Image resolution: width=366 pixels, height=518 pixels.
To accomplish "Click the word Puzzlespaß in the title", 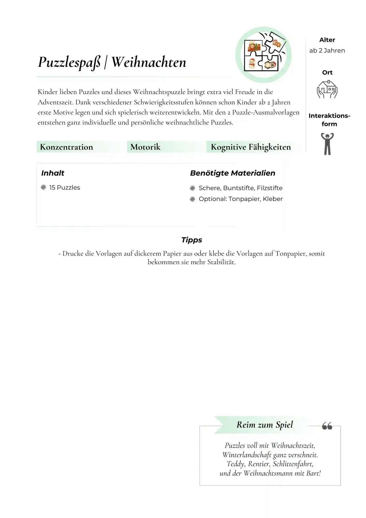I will tap(69, 63).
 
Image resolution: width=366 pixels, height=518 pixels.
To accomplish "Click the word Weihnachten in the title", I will tap(149, 62).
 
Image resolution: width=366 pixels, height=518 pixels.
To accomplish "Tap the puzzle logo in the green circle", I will tap(263, 55).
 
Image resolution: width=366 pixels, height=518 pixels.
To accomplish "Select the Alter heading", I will tap(327, 40).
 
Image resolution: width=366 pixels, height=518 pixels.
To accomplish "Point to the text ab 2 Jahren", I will tap(327, 51).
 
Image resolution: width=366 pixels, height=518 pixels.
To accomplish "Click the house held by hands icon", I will tap(327, 89).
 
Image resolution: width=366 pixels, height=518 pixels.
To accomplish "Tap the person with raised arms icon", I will tap(327, 144).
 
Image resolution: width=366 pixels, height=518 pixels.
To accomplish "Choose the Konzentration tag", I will tap(67, 147).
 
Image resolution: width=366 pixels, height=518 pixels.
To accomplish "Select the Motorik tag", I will tap(145, 147).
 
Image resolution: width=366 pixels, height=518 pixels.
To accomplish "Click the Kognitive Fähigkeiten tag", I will tap(251, 147).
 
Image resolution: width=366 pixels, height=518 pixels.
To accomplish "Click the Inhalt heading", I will tap(53, 173).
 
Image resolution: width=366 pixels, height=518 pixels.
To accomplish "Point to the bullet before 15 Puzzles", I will tap(43, 187).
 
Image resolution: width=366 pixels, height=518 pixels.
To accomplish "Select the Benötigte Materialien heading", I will tap(232, 173).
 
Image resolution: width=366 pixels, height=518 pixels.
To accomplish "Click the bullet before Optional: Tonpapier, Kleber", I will tap(192, 199).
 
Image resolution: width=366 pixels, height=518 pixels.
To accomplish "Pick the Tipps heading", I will tap(192, 240).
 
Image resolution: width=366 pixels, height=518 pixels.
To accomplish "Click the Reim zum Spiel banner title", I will tap(265, 425).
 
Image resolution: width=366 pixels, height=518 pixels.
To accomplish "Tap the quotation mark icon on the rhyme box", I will tap(327, 426).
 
